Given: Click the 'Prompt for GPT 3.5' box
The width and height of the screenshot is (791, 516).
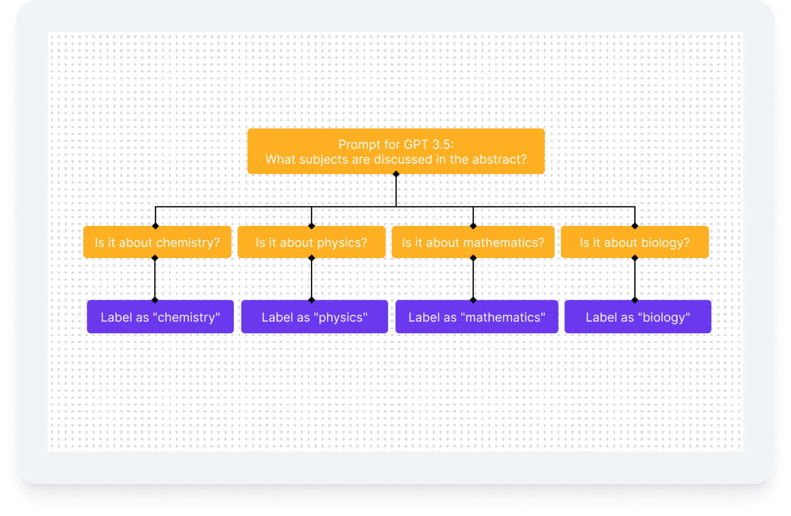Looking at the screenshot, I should pyautogui.click(x=395, y=152).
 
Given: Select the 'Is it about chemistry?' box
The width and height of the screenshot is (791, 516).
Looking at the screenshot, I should pyautogui.click(x=157, y=242).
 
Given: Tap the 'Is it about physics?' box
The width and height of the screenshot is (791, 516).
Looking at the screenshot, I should pyautogui.click(x=311, y=242).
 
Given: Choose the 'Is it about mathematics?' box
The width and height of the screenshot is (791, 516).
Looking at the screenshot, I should pyautogui.click(x=473, y=242).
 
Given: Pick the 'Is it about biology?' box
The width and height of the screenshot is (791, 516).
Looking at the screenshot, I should pyautogui.click(x=634, y=242).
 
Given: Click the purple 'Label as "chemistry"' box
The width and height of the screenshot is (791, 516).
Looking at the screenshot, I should pyautogui.click(x=160, y=317).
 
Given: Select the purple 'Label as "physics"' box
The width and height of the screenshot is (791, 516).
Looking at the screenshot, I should pyautogui.click(x=314, y=317).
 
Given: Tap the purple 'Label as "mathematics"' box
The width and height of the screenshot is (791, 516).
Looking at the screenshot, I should pyautogui.click(x=477, y=317).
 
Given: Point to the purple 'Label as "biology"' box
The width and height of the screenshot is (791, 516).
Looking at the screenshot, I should pyautogui.click(x=637, y=317).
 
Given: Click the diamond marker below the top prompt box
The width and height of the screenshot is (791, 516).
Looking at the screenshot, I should pyautogui.click(x=396, y=174).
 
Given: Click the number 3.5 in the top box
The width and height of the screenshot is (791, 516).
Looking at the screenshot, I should pyautogui.click(x=441, y=144).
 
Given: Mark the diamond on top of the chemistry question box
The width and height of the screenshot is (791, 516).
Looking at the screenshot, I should pyautogui.click(x=155, y=226).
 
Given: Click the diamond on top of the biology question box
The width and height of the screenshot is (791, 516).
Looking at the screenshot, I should pyautogui.click(x=635, y=226).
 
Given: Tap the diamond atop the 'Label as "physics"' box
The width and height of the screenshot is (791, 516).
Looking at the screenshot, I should pyautogui.click(x=311, y=300).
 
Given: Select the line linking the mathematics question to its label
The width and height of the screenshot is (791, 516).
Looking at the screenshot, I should pyautogui.click(x=473, y=279).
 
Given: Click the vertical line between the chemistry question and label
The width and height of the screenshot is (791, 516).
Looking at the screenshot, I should pyautogui.click(x=155, y=279).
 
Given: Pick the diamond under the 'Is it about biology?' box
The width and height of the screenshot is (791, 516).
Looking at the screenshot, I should pyautogui.click(x=635, y=258).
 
